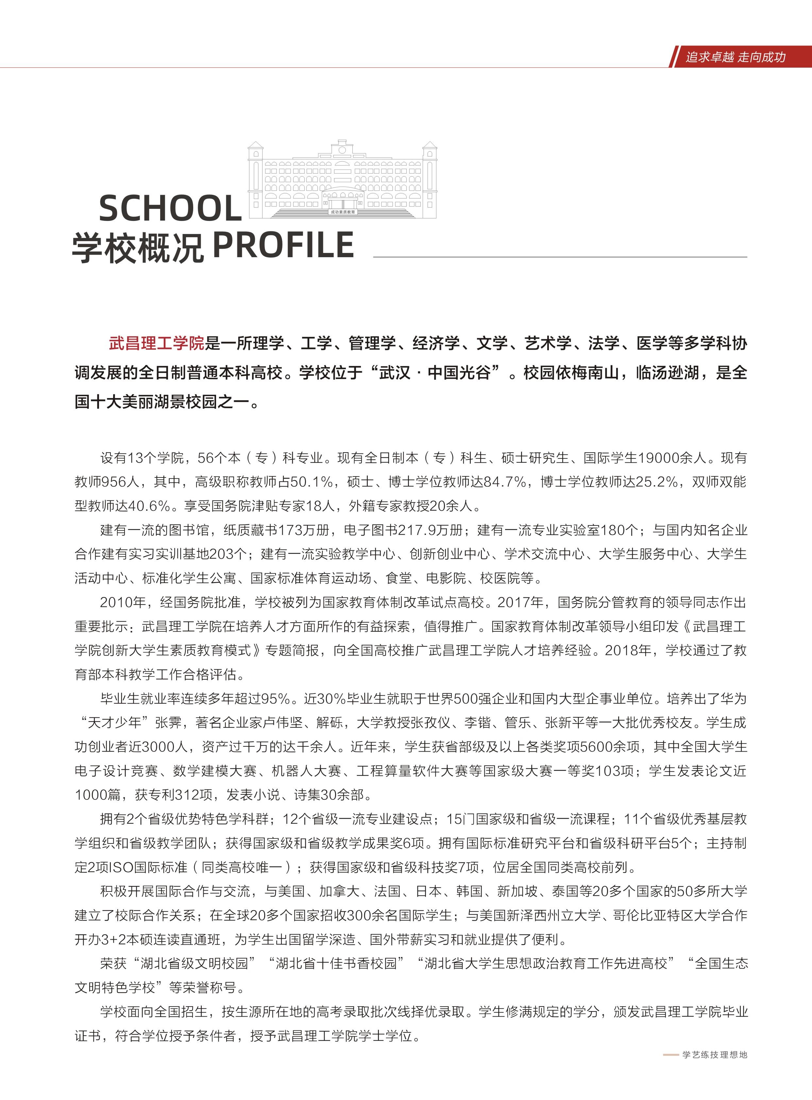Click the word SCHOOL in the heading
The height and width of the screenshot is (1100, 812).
click(x=170, y=208)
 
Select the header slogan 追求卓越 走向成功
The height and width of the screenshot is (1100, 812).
click(x=735, y=57)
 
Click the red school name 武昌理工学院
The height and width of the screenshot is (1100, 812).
click(x=156, y=343)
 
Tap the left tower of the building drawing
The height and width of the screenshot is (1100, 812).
click(x=255, y=179)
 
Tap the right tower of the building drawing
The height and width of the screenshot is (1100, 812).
click(x=430, y=179)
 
